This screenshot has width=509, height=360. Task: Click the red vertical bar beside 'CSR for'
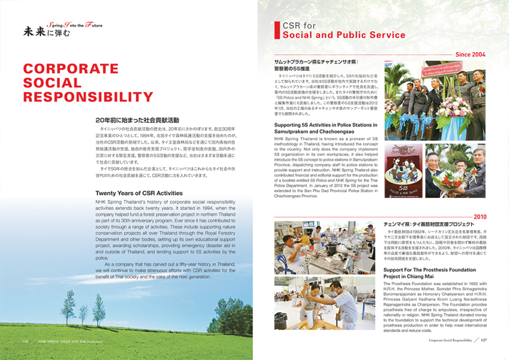click(x=276, y=29)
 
